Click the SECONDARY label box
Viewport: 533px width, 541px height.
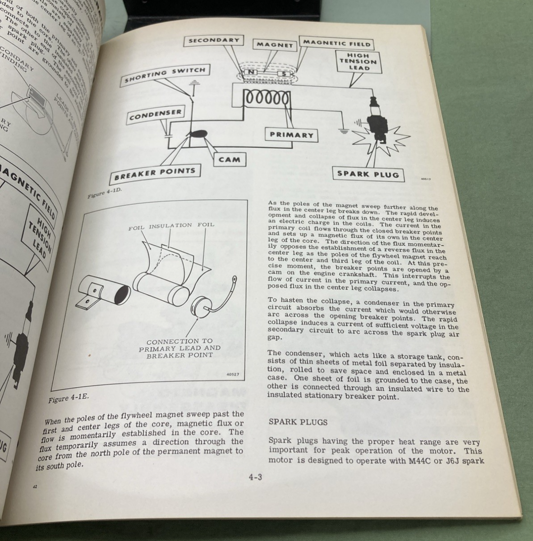(x=214, y=41)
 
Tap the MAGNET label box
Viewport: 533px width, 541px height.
(x=275, y=45)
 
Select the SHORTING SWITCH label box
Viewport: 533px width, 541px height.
(x=165, y=75)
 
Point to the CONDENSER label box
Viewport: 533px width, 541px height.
(x=155, y=115)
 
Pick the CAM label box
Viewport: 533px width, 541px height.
(x=230, y=159)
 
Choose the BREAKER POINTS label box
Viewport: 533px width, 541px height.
(x=155, y=172)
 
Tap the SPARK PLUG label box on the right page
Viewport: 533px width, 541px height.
(x=368, y=174)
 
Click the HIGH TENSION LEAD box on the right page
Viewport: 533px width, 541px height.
(x=359, y=62)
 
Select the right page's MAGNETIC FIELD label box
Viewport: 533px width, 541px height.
(x=336, y=43)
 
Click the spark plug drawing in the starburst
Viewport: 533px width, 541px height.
(x=377, y=122)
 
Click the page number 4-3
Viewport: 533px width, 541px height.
(x=255, y=477)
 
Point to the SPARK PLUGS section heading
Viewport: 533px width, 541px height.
(x=298, y=422)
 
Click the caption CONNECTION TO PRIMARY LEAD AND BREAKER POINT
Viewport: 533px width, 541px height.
(x=180, y=348)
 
